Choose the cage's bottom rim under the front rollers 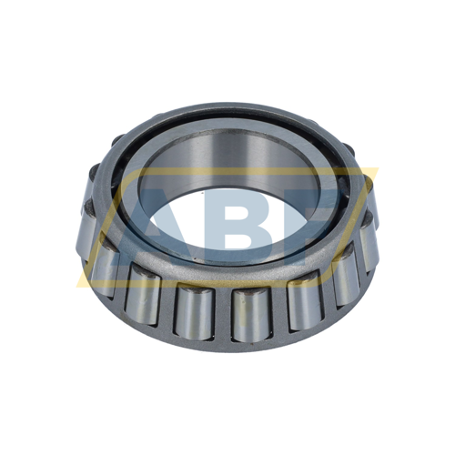(227, 344)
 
